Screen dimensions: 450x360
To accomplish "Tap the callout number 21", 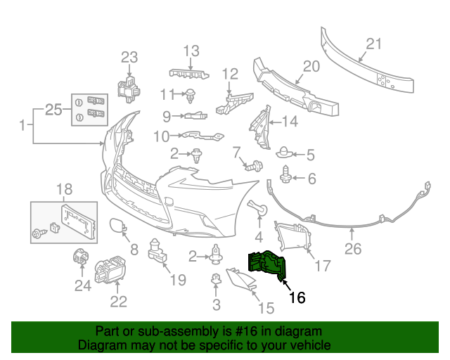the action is [x=373, y=44].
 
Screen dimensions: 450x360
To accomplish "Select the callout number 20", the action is [x=311, y=67].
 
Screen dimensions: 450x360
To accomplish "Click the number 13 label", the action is [x=192, y=51].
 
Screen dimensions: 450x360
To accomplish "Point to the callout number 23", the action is [x=130, y=57].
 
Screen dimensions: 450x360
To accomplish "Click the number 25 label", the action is [x=53, y=109].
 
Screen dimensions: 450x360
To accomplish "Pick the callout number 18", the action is [x=64, y=188].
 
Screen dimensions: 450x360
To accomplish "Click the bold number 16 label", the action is [x=297, y=297].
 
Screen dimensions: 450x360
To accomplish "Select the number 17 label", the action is [x=322, y=266].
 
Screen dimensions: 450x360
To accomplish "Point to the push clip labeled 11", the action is [x=191, y=94].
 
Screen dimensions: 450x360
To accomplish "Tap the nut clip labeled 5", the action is [x=284, y=153].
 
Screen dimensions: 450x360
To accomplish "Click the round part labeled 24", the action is [x=81, y=259].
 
